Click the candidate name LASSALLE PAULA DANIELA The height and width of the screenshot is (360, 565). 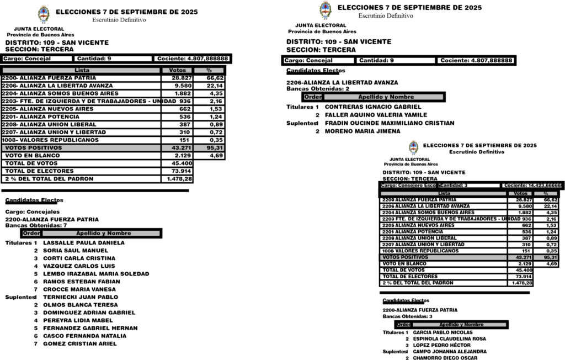point(83,242)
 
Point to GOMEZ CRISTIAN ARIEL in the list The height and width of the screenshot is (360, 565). point(79,343)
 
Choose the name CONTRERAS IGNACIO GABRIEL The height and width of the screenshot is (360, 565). point(373,107)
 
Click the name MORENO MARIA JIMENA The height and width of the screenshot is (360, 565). point(363,131)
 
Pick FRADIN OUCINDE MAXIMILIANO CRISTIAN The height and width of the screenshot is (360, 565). point(390,123)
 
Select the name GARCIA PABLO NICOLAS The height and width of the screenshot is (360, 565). point(443,332)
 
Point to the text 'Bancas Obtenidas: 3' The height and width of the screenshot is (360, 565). point(408,316)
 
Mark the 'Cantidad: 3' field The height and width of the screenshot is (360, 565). point(454,186)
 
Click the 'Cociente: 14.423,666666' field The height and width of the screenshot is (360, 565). point(532,186)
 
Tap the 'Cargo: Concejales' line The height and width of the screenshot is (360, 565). point(32,211)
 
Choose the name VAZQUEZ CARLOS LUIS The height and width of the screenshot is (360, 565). point(78,266)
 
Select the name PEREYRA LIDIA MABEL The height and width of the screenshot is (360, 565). point(78,320)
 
